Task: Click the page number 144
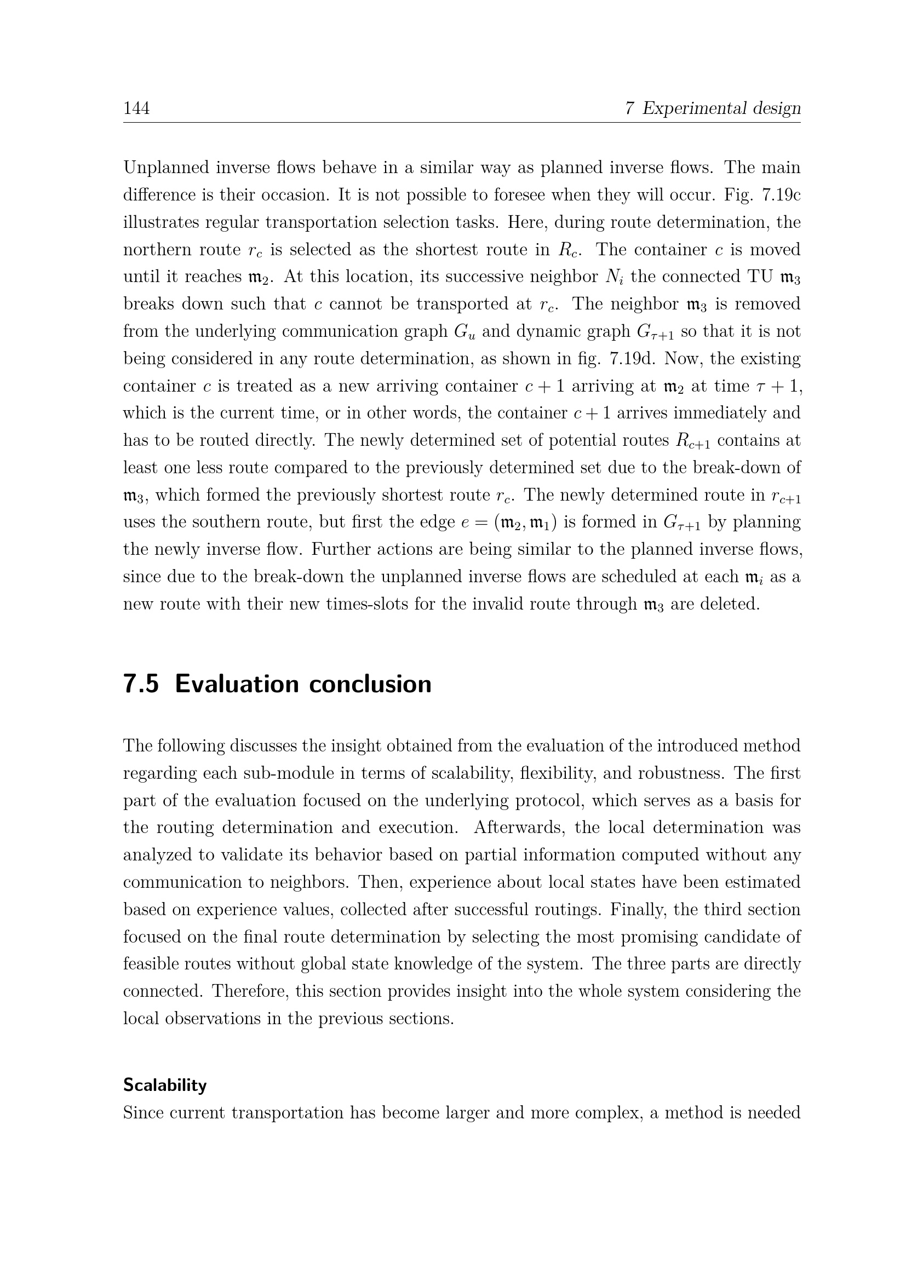tap(136, 108)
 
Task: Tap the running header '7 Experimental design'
tap(713, 108)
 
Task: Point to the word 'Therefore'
tap(248, 991)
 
